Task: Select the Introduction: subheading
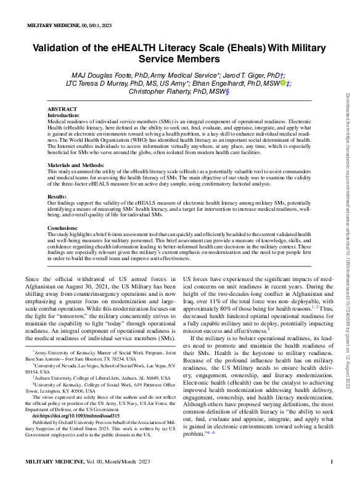(x=64, y=115)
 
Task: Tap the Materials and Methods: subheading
(x=76, y=165)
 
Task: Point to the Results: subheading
(x=57, y=197)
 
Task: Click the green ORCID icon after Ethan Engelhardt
(x=283, y=83)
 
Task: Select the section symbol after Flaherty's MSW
(x=227, y=91)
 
